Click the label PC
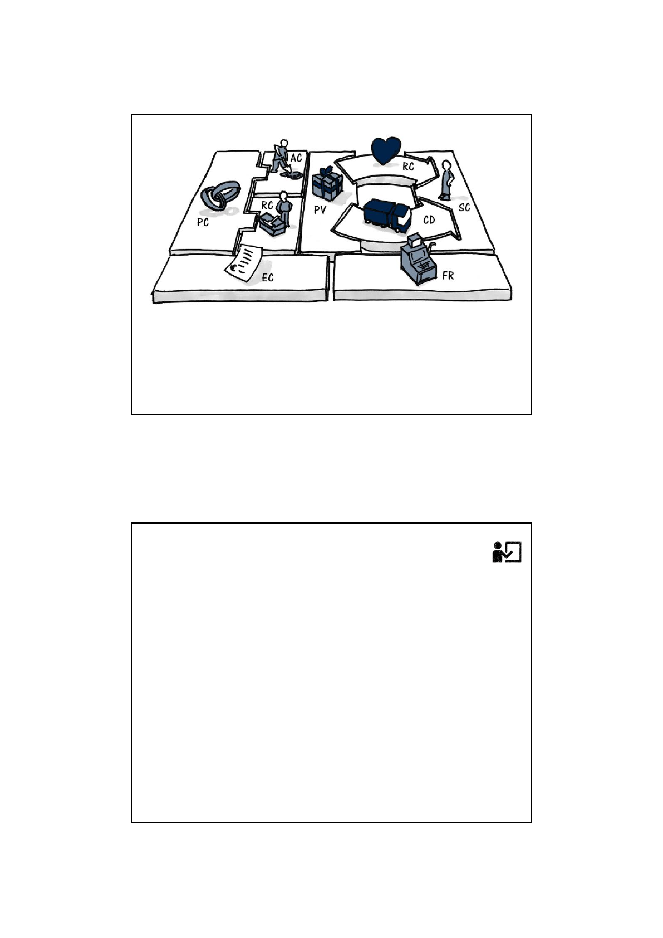click(203, 222)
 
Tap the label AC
click(296, 158)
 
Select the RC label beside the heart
click(408, 167)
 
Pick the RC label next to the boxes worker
click(267, 205)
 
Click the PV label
click(320, 210)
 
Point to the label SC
click(464, 207)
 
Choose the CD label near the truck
click(429, 220)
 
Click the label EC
click(267, 277)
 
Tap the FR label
click(448, 276)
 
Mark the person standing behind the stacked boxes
click(284, 208)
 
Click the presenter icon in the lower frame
click(507, 552)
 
